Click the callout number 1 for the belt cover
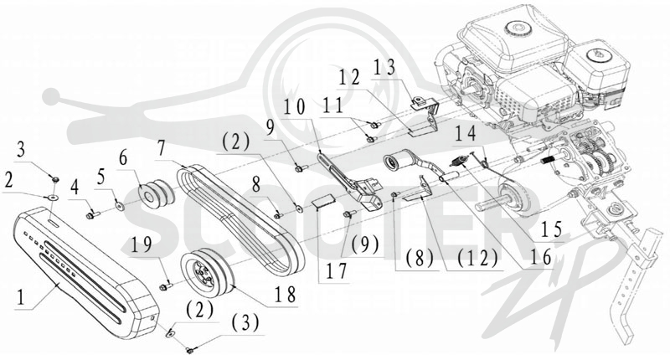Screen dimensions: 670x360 [19, 296]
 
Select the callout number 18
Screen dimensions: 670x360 [286, 294]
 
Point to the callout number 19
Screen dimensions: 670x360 [142, 245]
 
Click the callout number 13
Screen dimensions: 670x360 [384, 69]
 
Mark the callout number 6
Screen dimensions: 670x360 [123, 158]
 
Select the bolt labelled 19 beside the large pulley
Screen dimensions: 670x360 [166, 286]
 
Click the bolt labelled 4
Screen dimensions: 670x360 [93, 215]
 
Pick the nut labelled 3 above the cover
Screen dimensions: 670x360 [55, 179]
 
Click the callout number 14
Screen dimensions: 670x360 [466, 134]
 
